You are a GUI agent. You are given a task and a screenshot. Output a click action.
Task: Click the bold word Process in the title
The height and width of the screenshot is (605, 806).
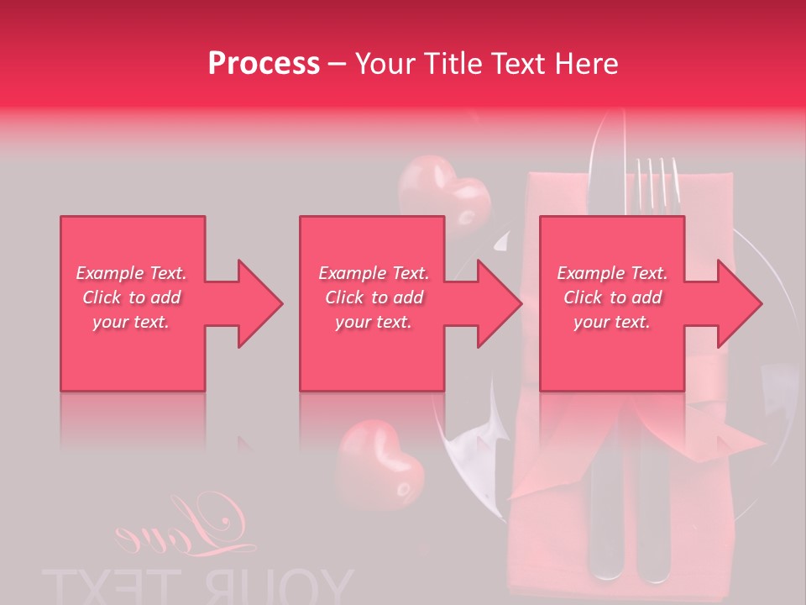click(264, 64)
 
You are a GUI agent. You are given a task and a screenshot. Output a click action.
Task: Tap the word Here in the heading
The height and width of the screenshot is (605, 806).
click(588, 64)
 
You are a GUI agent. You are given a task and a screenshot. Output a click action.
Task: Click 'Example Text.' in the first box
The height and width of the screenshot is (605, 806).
click(132, 273)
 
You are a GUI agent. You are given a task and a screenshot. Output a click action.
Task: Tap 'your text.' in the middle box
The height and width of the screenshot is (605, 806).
click(374, 322)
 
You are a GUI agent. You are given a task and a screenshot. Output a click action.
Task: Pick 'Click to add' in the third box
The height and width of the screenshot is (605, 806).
click(612, 297)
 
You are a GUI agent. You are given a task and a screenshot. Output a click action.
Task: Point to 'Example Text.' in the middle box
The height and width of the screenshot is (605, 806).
click(374, 273)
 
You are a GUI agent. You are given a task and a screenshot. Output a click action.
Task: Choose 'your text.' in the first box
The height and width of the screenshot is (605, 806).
click(132, 322)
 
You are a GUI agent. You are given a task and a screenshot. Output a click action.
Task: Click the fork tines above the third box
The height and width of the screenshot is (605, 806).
click(657, 181)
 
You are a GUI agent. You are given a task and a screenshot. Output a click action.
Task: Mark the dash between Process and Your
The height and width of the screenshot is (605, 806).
click(337, 65)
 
